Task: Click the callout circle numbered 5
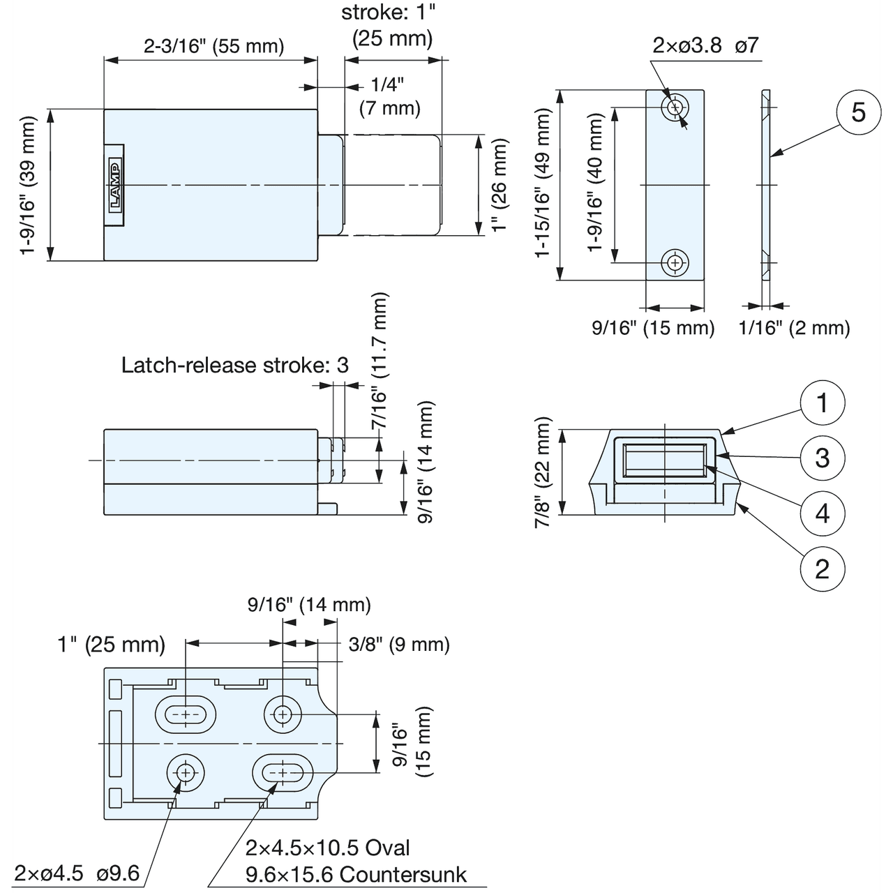coord(858,112)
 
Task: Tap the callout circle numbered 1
coord(823,403)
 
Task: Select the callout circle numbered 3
coord(823,458)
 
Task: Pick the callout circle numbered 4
coord(823,513)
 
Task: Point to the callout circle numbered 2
coord(823,569)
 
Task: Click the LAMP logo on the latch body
coord(114,185)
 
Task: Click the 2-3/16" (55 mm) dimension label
coord(214,47)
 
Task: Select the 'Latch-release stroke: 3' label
coord(234,365)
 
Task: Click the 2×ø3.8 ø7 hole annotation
coord(705,46)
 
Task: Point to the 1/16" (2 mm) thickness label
coord(795,328)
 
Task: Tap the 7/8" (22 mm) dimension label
coord(543,472)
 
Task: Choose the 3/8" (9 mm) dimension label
coord(399,644)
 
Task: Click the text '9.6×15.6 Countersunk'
coord(357,874)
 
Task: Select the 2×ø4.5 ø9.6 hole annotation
coord(77,873)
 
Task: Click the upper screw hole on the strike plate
coord(675,107)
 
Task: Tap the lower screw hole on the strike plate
coord(675,263)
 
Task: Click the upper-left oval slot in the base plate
coord(186,714)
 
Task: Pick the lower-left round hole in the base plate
coord(186,773)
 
